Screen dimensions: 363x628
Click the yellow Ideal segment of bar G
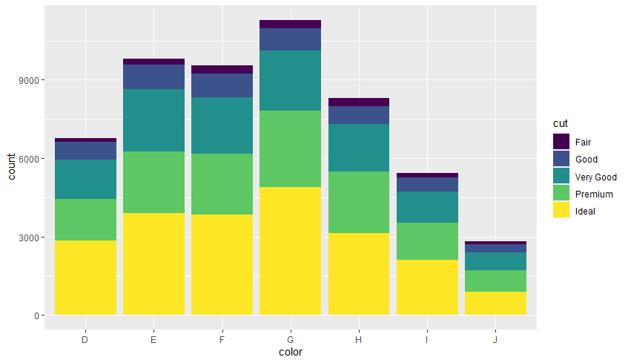[x=290, y=251]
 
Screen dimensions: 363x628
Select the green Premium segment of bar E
[x=153, y=182]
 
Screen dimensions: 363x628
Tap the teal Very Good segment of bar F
[x=222, y=125]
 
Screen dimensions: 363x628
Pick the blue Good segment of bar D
[x=85, y=151]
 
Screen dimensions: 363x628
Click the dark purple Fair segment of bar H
[x=358, y=102]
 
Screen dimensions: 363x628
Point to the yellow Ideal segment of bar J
[x=495, y=303]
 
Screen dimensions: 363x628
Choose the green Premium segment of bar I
[x=427, y=241]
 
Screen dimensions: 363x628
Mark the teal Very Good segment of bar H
[x=358, y=148]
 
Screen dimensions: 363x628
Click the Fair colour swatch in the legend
[x=561, y=142]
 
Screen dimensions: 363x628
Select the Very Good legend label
[x=595, y=177]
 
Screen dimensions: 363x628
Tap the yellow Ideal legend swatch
[x=561, y=211]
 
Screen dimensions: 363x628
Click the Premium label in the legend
[x=594, y=194]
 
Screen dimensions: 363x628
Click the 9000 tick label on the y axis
[x=27, y=80]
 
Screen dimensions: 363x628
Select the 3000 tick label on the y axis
[x=27, y=238]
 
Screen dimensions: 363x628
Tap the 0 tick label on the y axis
[x=36, y=315]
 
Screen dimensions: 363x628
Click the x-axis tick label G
[x=290, y=339]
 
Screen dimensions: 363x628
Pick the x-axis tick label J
[x=495, y=339]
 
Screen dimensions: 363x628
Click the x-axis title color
[x=290, y=352]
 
